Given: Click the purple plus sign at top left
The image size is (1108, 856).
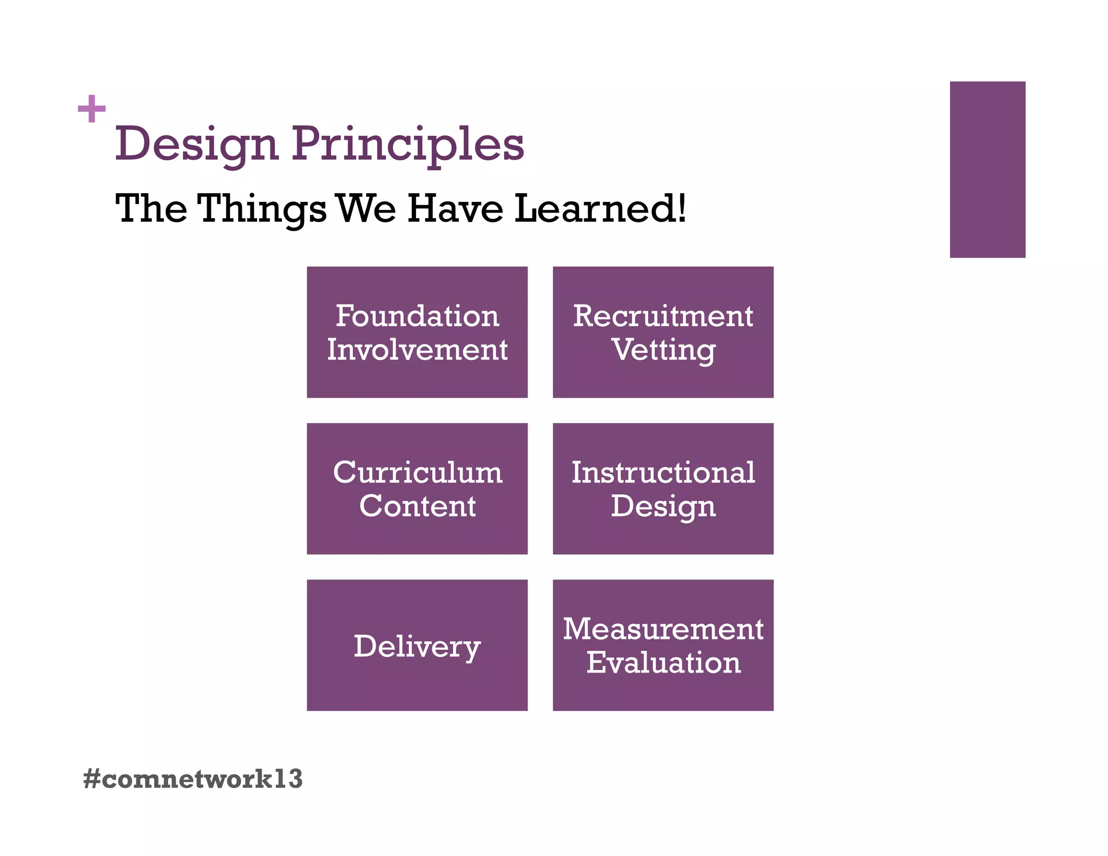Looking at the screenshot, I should tap(91, 109).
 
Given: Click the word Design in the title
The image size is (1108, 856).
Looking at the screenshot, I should tap(196, 144).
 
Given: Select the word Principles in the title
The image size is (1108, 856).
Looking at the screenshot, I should tap(408, 144).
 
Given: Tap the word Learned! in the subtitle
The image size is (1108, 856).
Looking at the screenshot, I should tap(599, 208).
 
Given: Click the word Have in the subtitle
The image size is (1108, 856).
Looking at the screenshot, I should tap(455, 208).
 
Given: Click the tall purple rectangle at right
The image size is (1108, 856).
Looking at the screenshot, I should tap(987, 169).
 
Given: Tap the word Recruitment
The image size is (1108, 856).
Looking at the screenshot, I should tap(663, 316).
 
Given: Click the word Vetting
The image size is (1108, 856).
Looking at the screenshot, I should tap(664, 350).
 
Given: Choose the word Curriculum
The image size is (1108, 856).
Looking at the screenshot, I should tap(417, 472).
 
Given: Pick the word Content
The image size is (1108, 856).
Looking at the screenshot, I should tap(417, 506).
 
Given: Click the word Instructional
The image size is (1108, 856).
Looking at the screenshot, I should tap(663, 472).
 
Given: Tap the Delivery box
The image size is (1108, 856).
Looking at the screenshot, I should tap(417, 645).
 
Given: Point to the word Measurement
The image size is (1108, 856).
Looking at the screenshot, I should tap(663, 629).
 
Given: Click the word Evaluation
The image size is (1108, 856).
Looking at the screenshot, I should tap(663, 662).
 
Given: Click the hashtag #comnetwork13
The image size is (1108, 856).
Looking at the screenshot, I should tap(193, 779).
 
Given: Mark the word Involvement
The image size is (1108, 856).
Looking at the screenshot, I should tap(417, 350).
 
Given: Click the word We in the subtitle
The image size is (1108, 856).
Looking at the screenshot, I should tap(366, 208).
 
